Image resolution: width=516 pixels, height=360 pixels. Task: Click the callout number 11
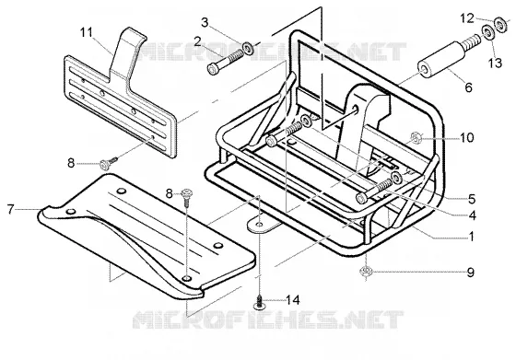tap(87, 33)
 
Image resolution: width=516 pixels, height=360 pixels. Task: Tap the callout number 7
tap(11, 209)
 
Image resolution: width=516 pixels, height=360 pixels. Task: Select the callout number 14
tap(293, 300)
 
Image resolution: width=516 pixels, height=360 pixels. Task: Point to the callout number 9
tap(471, 273)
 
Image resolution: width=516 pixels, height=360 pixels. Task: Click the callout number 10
tap(466, 138)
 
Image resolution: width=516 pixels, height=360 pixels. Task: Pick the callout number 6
tap(469, 87)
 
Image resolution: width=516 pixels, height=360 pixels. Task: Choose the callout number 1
tap(471, 237)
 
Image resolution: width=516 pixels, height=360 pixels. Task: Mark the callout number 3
tap(205, 23)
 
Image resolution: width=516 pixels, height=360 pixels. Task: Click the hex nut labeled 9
tap(366, 272)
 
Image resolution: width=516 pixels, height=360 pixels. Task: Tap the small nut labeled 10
tap(416, 138)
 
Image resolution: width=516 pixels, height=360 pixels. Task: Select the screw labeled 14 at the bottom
tap(260, 303)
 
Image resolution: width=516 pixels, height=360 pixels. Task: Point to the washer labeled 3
tap(248, 48)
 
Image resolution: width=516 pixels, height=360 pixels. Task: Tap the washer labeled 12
tap(501, 24)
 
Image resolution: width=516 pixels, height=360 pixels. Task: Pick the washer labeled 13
tap(487, 32)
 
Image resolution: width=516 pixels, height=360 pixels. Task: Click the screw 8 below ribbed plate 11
tap(108, 163)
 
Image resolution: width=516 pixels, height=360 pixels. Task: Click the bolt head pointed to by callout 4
tap(361, 198)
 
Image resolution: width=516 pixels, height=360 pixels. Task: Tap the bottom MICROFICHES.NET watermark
tap(267, 319)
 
